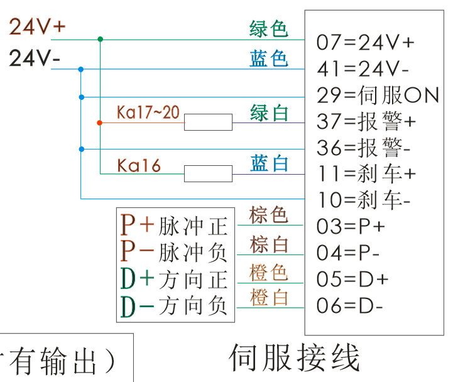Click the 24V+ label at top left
[37, 27]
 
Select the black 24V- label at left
[35, 58]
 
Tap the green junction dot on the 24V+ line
[101, 39]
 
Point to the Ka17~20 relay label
[148, 112]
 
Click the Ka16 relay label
[139, 165]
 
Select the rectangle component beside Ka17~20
[208, 122]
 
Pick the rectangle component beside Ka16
[208, 173]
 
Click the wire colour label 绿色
[268, 29]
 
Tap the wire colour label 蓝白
[269, 164]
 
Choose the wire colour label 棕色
[268, 215]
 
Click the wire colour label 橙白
[268, 297]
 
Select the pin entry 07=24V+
[366, 43]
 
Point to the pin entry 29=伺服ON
[378, 95]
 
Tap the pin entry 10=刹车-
[364, 200]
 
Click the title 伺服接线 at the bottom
[295, 358]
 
